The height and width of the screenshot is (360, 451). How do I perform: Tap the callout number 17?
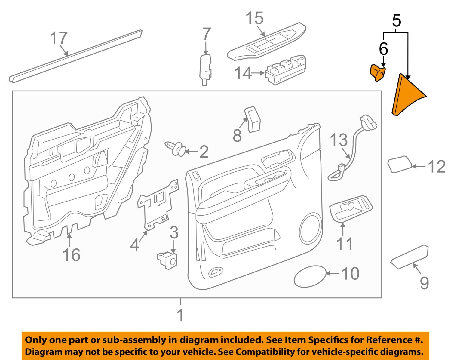pos(58,38)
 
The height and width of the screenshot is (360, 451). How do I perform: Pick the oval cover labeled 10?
pos(310,276)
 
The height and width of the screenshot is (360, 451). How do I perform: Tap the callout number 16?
pos(71,255)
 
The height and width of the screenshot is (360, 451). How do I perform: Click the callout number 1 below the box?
pos(180,315)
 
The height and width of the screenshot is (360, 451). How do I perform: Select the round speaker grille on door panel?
pos(311,228)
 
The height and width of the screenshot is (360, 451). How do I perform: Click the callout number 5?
pos(397,21)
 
